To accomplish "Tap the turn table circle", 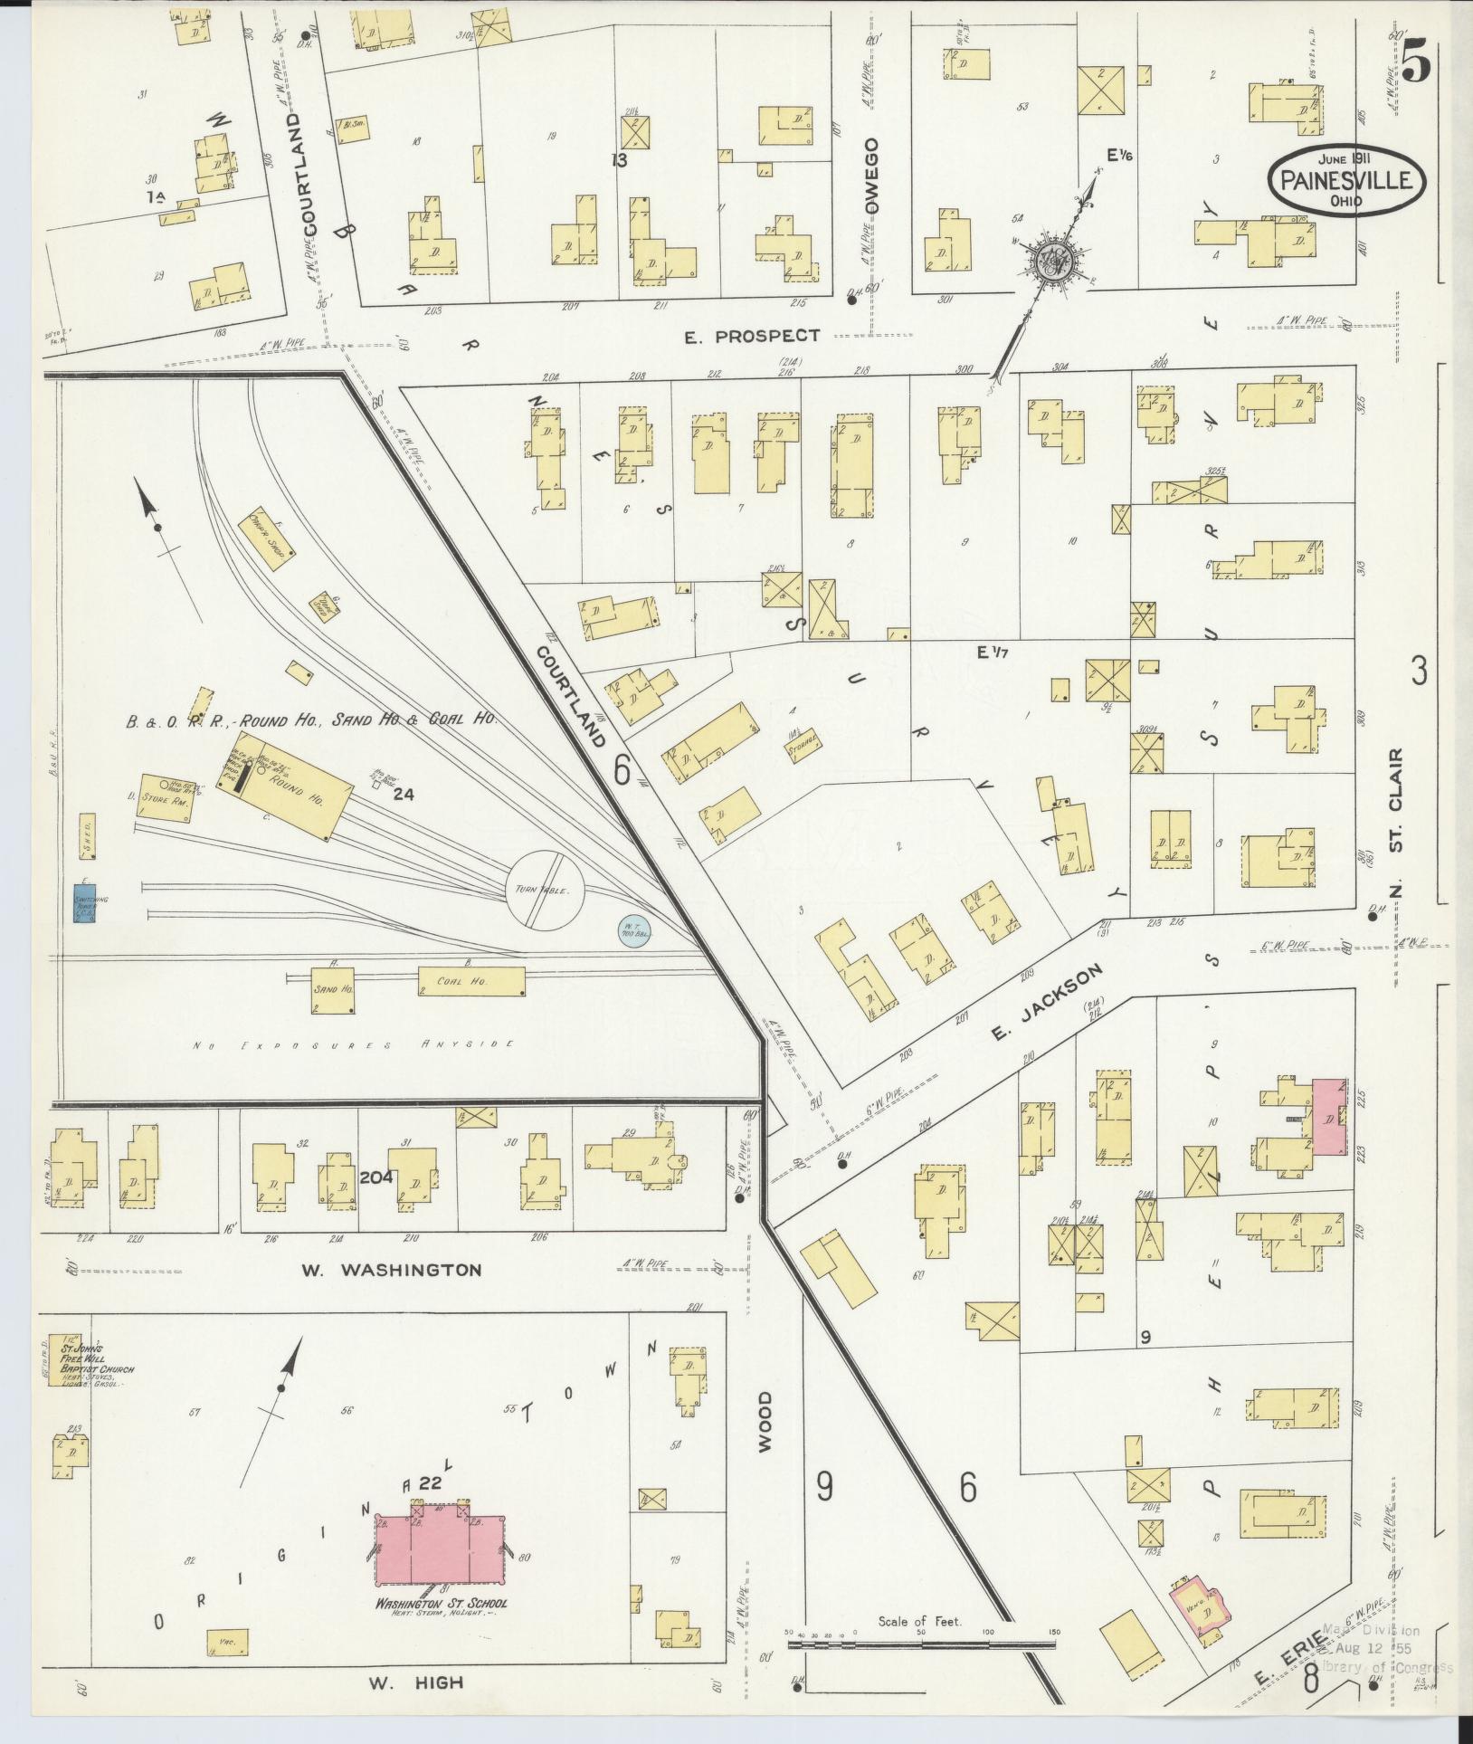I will (546, 889).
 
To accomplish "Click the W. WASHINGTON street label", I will (391, 1270).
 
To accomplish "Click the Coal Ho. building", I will (470, 980).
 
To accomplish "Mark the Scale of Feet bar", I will (923, 1644).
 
